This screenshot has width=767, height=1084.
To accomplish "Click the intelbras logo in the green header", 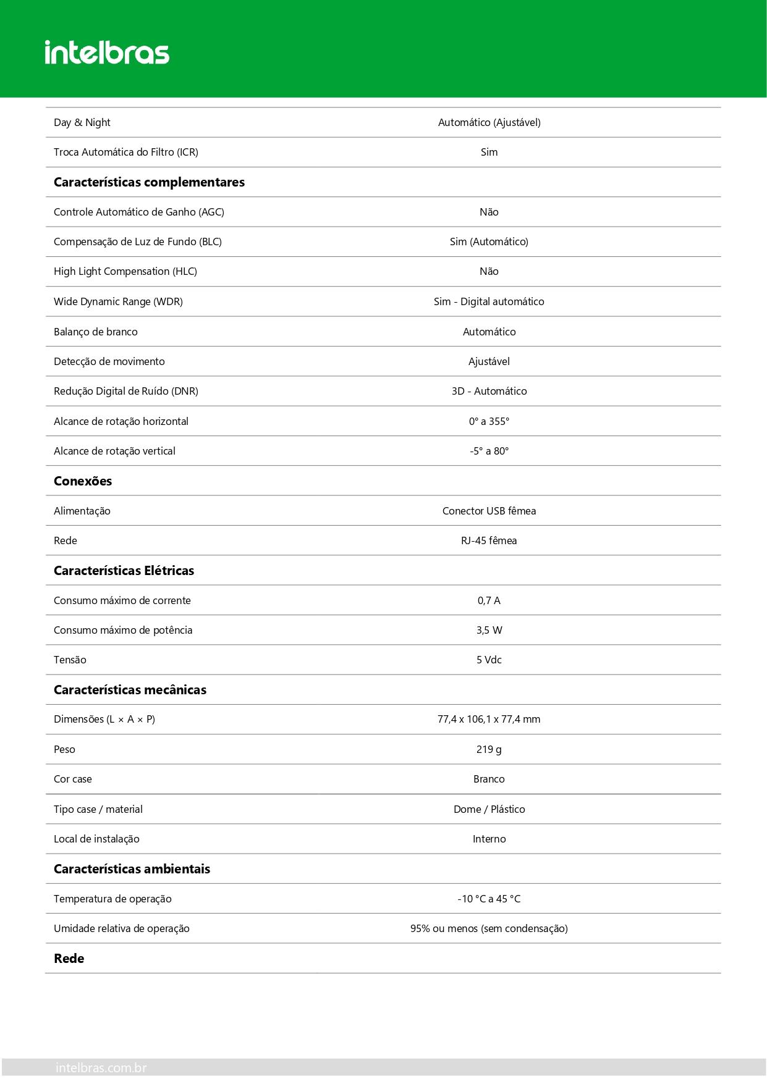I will click(107, 53).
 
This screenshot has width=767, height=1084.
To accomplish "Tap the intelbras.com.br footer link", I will click(101, 1067).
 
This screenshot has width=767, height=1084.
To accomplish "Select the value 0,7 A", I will click(489, 600).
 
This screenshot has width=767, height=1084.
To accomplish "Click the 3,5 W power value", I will click(489, 630).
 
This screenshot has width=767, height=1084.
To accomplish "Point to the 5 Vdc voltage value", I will click(489, 660).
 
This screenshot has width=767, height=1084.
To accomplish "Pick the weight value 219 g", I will click(489, 749).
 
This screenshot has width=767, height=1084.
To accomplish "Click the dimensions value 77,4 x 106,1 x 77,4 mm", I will click(489, 719).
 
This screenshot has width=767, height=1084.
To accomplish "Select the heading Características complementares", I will click(149, 182).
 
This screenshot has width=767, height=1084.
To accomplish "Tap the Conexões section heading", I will click(83, 481).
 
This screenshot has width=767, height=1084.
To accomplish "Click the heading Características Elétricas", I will click(124, 571).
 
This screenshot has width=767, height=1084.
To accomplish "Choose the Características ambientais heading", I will click(132, 869).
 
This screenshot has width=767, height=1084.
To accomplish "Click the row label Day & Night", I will click(82, 122).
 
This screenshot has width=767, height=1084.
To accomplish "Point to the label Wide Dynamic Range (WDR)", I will click(118, 301).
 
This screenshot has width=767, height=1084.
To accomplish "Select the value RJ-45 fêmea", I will click(489, 540).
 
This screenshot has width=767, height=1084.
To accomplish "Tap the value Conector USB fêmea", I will click(489, 511).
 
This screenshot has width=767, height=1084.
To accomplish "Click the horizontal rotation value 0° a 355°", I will click(489, 421).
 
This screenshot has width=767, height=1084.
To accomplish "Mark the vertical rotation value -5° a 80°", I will click(489, 451).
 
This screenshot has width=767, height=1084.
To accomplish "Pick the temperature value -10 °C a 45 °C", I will click(489, 899).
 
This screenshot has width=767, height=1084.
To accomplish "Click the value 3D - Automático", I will click(489, 391).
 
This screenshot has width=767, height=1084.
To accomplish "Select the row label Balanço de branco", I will click(96, 332).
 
